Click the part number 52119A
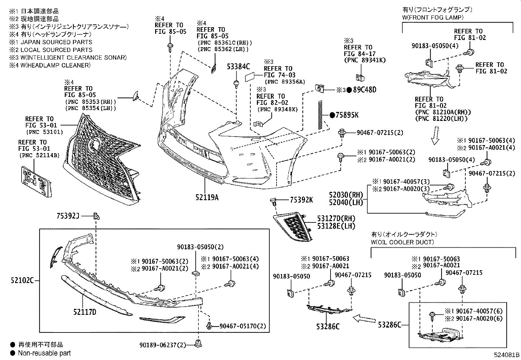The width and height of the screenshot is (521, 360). [207, 198]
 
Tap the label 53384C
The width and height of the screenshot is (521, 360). [238, 67]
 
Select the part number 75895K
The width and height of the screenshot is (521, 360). [347, 115]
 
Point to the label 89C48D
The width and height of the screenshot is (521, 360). [365, 90]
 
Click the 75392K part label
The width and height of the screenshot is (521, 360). [301, 200]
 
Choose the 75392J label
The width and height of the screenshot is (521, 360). [68, 216]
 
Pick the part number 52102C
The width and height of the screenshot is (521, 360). [22, 280]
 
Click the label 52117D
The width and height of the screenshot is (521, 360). [85, 312]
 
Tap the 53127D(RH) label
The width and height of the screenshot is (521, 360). [336, 218]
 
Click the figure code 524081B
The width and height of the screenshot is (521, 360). [507, 355]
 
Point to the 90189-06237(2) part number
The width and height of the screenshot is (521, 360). [163, 345]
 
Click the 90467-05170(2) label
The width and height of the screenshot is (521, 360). [243, 326]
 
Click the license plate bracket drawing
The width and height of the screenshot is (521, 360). [36, 181]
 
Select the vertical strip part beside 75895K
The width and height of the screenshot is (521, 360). [320, 115]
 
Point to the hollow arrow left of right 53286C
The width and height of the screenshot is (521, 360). [364, 319]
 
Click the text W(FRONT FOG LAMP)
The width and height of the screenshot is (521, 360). [433, 17]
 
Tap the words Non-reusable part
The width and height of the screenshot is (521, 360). [45, 353]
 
